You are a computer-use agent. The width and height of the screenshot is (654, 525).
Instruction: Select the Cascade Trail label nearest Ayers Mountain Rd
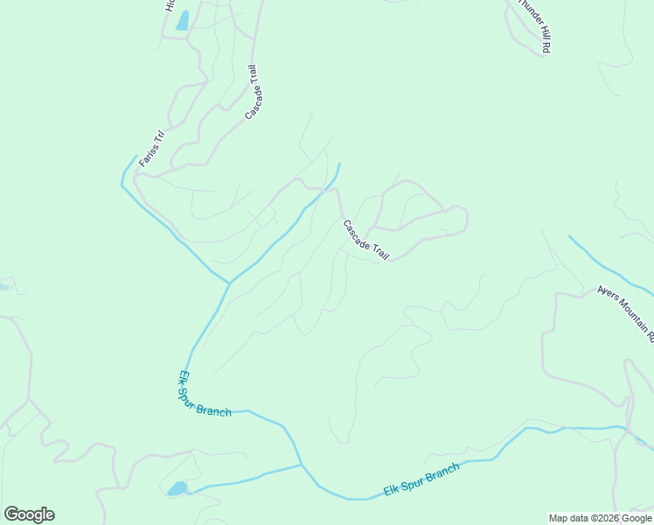[366, 240]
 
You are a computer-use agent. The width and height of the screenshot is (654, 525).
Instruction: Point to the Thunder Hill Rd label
[533, 26]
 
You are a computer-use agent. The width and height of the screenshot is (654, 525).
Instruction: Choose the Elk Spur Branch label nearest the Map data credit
[421, 480]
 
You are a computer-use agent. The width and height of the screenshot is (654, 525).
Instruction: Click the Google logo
[29, 514]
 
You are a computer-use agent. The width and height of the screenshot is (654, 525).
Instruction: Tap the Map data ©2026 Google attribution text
[601, 518]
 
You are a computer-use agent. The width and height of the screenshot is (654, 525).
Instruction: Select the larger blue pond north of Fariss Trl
[182, 21]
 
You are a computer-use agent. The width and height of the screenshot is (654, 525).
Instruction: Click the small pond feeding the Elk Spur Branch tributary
[177, 488]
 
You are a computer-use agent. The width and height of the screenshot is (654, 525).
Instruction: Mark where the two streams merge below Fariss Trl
[229, 283]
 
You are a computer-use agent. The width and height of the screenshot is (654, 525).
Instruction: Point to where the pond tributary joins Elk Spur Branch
[302, 465]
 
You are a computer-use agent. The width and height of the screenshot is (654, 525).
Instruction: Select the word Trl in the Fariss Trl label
[158, 137]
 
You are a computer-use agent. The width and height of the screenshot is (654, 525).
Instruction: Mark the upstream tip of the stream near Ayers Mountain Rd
[570, 236]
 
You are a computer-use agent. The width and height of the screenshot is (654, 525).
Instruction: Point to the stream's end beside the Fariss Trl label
[137, 156]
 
